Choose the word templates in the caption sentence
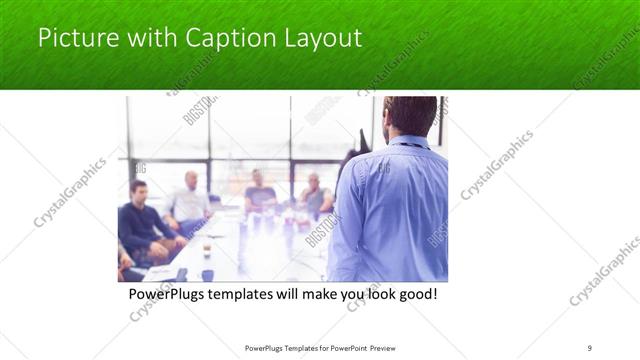click(252, 297)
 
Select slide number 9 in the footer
click(590, 348)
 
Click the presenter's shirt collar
click(408, 142)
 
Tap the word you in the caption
click(343, 297)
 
